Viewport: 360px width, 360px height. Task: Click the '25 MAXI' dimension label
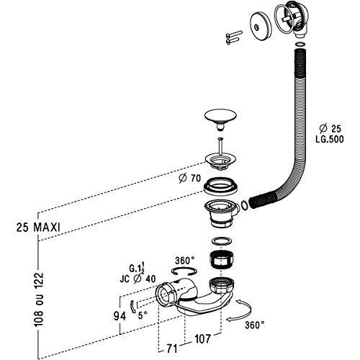[38, 227]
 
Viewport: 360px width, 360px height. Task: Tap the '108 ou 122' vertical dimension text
[38, 300]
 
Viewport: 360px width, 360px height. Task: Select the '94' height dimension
[120, 316]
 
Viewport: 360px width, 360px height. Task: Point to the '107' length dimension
[202, 339]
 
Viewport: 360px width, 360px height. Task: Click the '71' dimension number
[172, 348]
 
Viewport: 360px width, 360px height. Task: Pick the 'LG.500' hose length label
[330, 139]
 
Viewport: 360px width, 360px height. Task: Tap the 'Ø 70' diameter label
[189, 179]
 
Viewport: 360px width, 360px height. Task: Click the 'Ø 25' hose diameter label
[330, 129]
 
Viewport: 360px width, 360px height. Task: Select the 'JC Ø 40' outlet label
[138, 279]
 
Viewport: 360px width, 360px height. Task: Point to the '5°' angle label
[143, 315]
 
